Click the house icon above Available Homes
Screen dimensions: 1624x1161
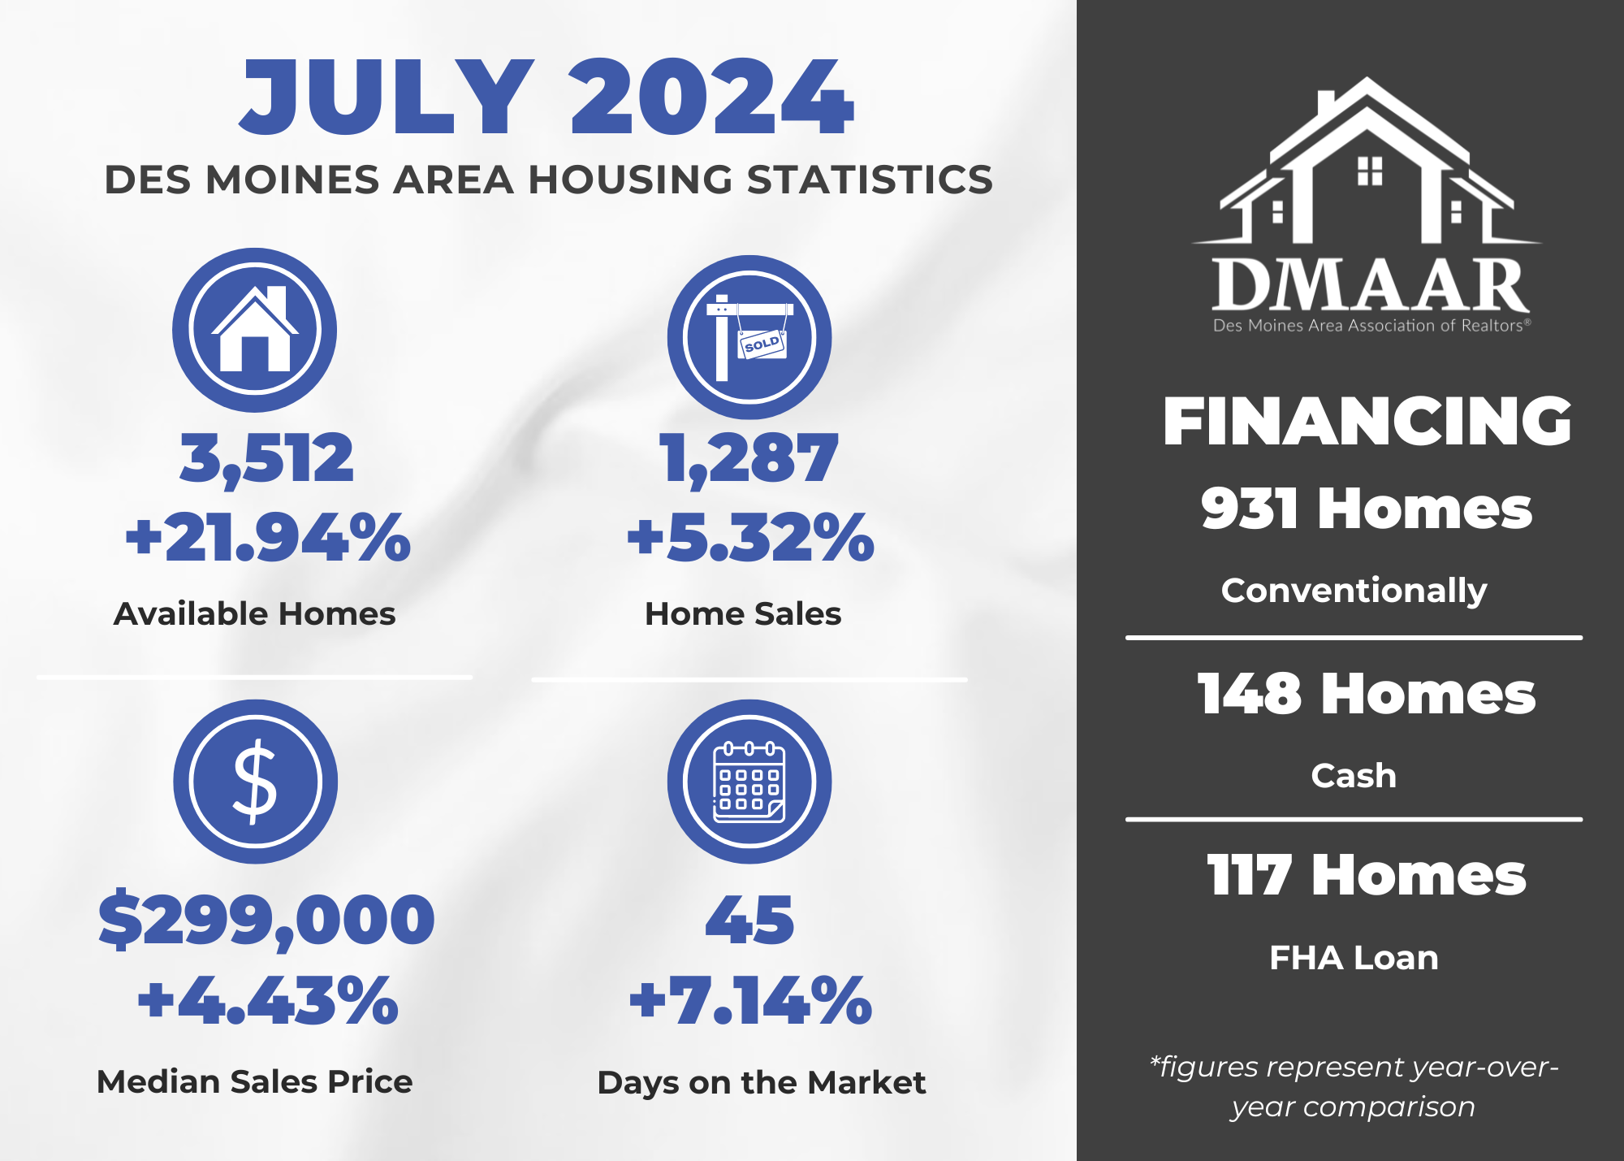(254, 330)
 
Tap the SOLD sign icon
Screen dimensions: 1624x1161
(749, 337)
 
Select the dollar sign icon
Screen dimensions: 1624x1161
(255, 782)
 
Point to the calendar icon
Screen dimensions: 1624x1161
(749, 782)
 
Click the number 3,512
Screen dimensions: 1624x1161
(266, 459)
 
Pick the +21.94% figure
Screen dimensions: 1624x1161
(268, 538)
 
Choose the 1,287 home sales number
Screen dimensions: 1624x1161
(748, 459)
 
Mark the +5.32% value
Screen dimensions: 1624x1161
(750, 538)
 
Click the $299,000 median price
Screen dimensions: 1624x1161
(266, 920)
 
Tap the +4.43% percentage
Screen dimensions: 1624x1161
(268, 1000)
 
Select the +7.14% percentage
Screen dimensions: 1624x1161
(750, 1000)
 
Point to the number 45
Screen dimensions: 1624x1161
(749, 921)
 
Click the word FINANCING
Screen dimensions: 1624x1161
(1367, 422)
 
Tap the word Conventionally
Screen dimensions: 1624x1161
(1354, 591)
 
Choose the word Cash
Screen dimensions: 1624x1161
(1354, 776)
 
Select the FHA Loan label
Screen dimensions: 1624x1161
(1354, 958)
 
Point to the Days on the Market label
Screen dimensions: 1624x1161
(762, 1083)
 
